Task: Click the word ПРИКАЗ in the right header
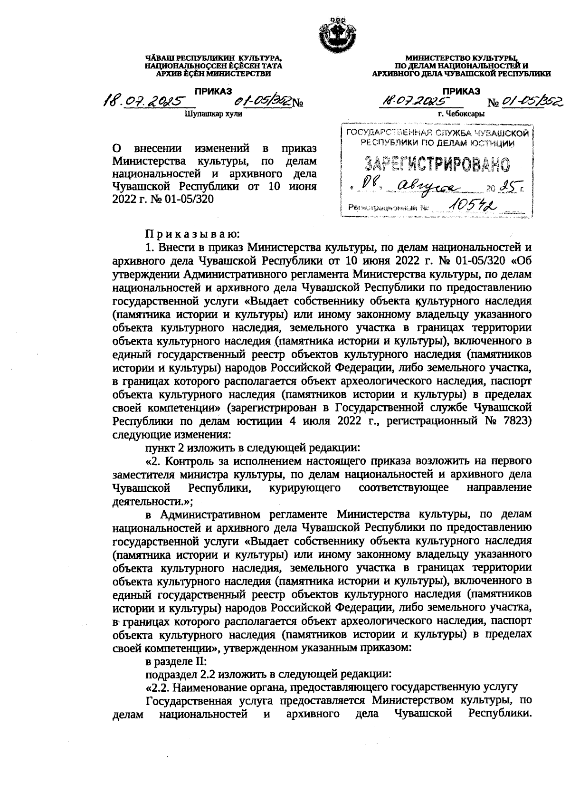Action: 461,91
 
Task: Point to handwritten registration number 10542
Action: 473,204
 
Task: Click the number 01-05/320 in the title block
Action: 190,199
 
